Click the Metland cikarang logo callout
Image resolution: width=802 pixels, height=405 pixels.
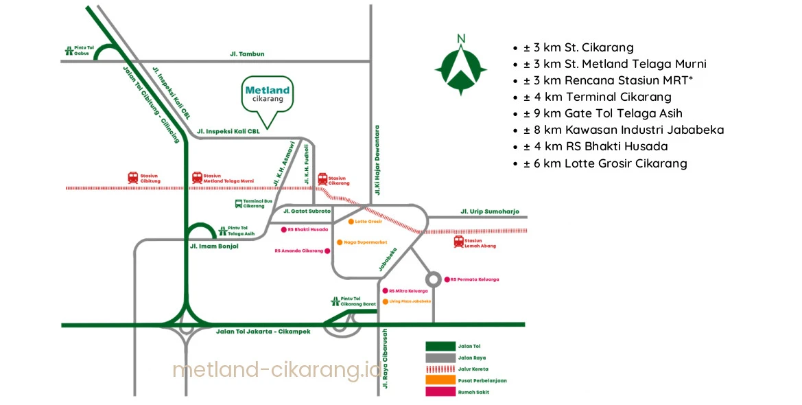(x=267, y=95)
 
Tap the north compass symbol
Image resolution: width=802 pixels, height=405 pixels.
(x=461, y=66)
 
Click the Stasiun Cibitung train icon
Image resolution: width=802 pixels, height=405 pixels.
(x=132, y=177)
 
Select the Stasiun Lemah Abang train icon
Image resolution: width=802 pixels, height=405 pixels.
(x=459, y=242)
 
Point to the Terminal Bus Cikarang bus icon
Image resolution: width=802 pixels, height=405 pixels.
(x=238, y=203)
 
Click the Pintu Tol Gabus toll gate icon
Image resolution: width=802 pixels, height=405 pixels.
(x=69, y=49)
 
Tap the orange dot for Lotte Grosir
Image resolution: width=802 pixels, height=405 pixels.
(x=350, y=222)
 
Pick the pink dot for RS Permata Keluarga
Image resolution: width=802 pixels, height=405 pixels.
(x=447, y=279)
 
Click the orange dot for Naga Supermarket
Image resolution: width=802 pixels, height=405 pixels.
(x=339, y=242)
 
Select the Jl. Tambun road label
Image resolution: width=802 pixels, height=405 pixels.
(x=247, y=54)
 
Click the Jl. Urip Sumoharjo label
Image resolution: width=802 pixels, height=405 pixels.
(x=490, y=211)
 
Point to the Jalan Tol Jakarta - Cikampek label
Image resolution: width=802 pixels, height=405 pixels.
(x=263, y=332)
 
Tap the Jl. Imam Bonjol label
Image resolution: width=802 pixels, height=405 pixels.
(x=214, y=246)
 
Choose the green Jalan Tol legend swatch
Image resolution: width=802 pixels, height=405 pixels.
(x=440, y=347)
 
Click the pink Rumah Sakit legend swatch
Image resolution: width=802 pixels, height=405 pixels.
(x=440, y=391)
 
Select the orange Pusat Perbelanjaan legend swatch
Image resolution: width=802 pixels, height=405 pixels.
(x=440, y=380)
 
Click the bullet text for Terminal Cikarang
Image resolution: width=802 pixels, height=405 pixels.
(x=598, y=97)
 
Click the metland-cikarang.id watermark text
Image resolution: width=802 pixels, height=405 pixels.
(x=276, y=370)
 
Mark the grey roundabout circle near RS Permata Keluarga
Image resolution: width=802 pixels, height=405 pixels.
(x=434, y=279)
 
